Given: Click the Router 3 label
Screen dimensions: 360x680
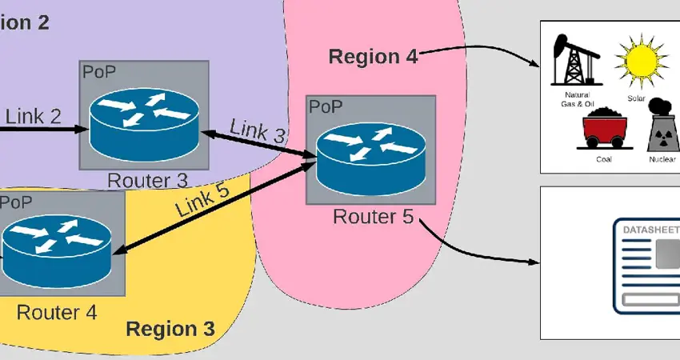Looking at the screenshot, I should click(147, 181).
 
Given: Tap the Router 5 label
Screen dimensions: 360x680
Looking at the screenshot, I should click(373, 216).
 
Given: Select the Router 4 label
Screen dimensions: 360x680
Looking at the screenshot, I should click(57, 311).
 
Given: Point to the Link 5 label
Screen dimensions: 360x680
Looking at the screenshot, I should click(202, 200).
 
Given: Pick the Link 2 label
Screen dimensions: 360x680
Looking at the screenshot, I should click(34, 117).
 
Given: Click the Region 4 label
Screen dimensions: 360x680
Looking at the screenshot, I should click(372, 57).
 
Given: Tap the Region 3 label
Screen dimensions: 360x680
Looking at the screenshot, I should click(170, 329).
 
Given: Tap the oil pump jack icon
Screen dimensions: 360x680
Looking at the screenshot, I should click(573, 61).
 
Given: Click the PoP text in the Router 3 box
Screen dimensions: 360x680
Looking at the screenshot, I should click(98, 71).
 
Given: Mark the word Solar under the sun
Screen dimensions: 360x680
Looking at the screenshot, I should click(637, 98).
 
